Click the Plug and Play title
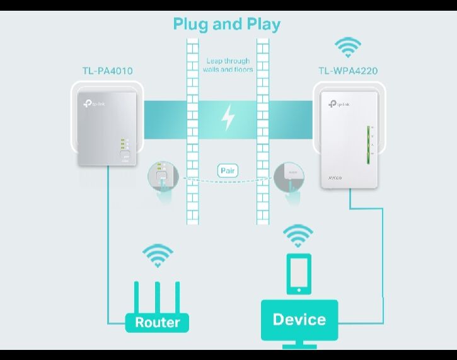[x=227, y=25]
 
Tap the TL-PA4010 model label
[x=108, y=71]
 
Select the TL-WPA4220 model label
[x=347, y=71]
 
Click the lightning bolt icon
[x=228, y=117]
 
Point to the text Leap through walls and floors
[x=228, y=65]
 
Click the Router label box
[x=157, y=322]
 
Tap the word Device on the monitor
[x=299, y=319]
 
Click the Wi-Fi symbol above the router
[x=157, y=255]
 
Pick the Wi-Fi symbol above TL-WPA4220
[x=347, y=47]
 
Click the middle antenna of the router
[x=157, y=296]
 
